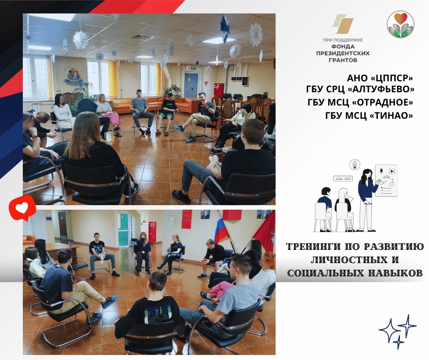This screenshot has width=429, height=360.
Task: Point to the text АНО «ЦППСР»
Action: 380,78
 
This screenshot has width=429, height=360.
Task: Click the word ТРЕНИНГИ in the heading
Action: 314,247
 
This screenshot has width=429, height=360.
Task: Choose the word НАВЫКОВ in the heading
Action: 397,273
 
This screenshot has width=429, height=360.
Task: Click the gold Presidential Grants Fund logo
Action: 343,24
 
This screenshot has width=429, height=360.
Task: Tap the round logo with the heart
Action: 400,24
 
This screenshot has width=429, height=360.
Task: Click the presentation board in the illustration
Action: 386,180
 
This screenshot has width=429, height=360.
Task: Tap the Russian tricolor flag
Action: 222,228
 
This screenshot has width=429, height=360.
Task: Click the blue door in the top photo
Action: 190,85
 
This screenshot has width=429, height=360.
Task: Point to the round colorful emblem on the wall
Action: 73,75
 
